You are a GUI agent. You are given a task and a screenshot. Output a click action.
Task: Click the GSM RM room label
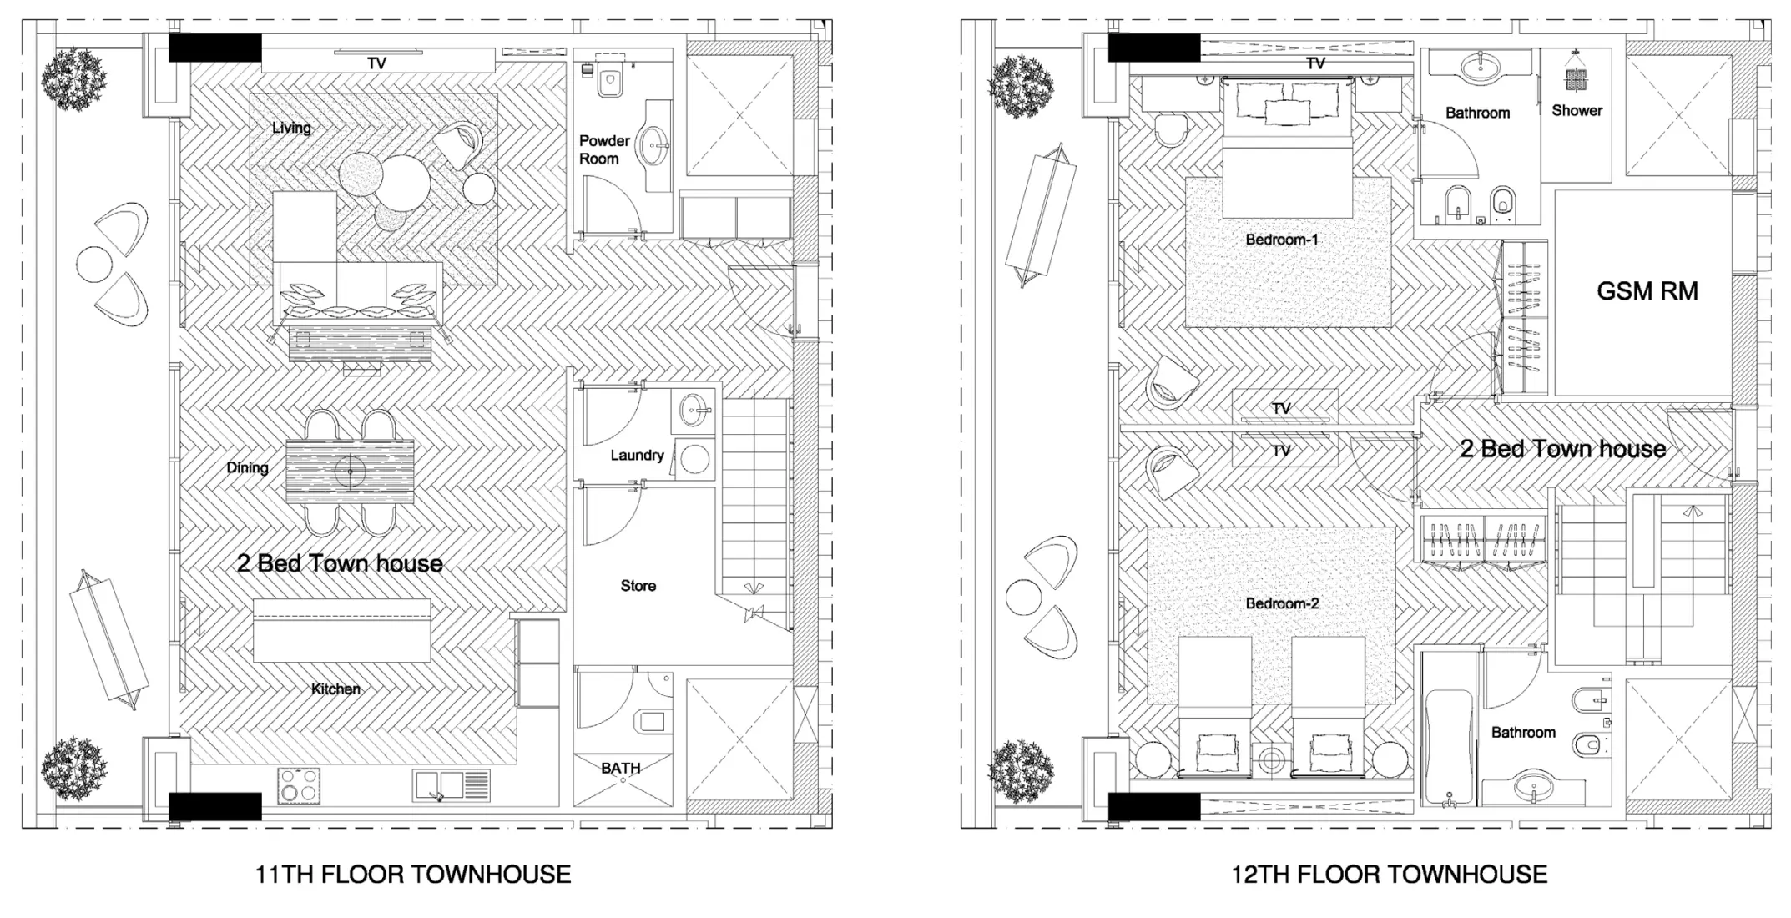[1647, 291]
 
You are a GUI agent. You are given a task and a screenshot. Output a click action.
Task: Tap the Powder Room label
[603, 149]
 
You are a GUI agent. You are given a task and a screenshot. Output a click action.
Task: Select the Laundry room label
[637, 455]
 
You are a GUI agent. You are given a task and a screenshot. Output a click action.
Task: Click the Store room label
[638, 586]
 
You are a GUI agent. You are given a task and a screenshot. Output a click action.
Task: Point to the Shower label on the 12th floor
[1577, 110]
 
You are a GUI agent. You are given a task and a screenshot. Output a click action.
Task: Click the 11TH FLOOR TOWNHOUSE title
[412, 875]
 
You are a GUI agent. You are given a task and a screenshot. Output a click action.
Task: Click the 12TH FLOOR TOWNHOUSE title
[1389, 875]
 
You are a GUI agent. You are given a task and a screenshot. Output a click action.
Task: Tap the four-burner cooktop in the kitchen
[299, 785]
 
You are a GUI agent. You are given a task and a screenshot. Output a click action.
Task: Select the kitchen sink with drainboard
[451, 785]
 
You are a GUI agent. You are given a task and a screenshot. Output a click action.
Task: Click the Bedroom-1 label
[1281, 240]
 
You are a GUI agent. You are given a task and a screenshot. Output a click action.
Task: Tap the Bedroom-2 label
[1281, 603]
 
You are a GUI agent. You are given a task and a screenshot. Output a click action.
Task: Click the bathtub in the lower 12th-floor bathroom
[1449, 744]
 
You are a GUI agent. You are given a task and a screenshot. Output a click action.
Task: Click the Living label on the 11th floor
[291, 128]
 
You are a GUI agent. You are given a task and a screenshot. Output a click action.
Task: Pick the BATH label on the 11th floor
[620, 768]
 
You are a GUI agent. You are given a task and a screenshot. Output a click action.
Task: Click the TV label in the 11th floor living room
[376, 63]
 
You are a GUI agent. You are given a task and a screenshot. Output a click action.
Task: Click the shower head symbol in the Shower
[1575, 78]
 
